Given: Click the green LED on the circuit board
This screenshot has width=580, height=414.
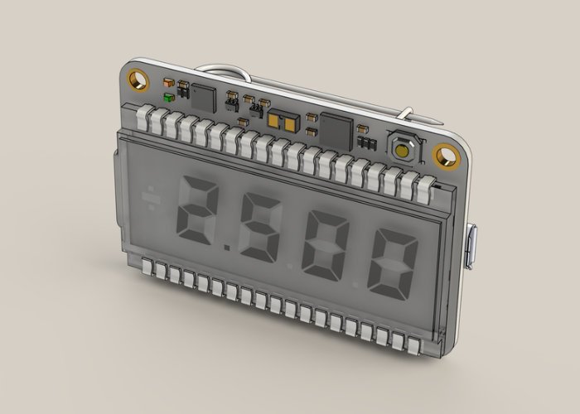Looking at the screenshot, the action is coord(169,98).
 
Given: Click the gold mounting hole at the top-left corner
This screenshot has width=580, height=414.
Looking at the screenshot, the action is coord(138,79).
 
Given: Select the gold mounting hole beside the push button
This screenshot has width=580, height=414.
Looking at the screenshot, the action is coord(446,156).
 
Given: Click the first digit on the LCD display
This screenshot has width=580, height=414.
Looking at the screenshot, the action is coord(197,209).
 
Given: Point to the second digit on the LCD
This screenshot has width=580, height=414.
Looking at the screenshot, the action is coord(259,227).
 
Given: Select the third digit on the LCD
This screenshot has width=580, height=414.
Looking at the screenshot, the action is coord(325,246).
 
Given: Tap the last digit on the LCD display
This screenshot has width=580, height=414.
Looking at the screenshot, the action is coord(393,264).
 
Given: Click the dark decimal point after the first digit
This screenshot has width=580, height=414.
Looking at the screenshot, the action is coord(227,247).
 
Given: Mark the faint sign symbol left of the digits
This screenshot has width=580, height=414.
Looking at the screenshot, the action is coord(151,198).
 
